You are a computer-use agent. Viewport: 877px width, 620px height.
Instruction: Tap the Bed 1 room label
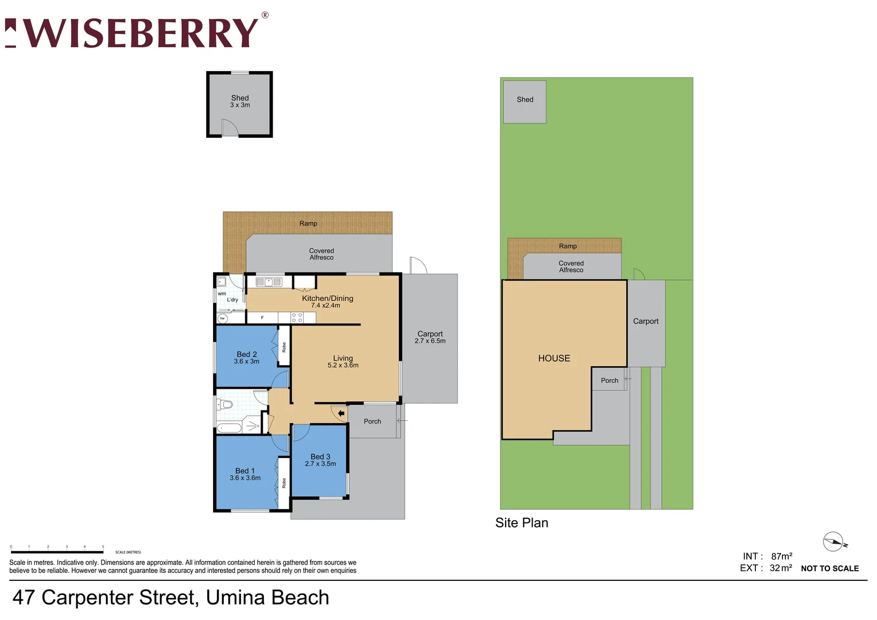[x=245, y=471]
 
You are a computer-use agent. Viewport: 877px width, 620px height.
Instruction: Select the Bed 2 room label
[x=247, y=354]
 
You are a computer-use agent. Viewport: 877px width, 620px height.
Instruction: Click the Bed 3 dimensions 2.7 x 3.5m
[x=320, y=464]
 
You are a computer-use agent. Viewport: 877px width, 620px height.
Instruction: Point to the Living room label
[x=343, y=358]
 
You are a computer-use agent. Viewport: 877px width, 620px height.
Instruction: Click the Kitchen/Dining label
[x=327, y=298]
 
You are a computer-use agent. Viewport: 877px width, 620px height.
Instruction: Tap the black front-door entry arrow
[x=342, y=413]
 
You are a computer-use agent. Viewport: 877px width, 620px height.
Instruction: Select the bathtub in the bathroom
[x=230, y=428]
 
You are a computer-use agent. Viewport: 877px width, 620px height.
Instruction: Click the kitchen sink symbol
[x=269, y=282]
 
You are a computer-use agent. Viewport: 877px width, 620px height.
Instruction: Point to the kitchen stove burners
[x=297, y=317]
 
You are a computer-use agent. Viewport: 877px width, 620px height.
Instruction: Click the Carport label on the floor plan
[x=430, y=334]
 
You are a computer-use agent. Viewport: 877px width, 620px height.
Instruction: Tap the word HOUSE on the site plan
[x=554, y=358]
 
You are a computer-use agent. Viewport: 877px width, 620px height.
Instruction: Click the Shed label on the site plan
[x=525, y=99]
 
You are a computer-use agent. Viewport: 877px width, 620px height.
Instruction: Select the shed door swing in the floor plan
[x=229, y=128]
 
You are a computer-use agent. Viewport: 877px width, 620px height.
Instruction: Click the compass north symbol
[x=833, y=541]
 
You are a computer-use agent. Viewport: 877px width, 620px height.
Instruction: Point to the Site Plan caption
[x=522, y=523]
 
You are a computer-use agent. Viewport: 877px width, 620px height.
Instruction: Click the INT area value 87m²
[x=781, y=556]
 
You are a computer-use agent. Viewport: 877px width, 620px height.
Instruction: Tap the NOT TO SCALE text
[x=829, y=568]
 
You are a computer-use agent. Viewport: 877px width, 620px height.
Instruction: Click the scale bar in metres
[x=57, y=552]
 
